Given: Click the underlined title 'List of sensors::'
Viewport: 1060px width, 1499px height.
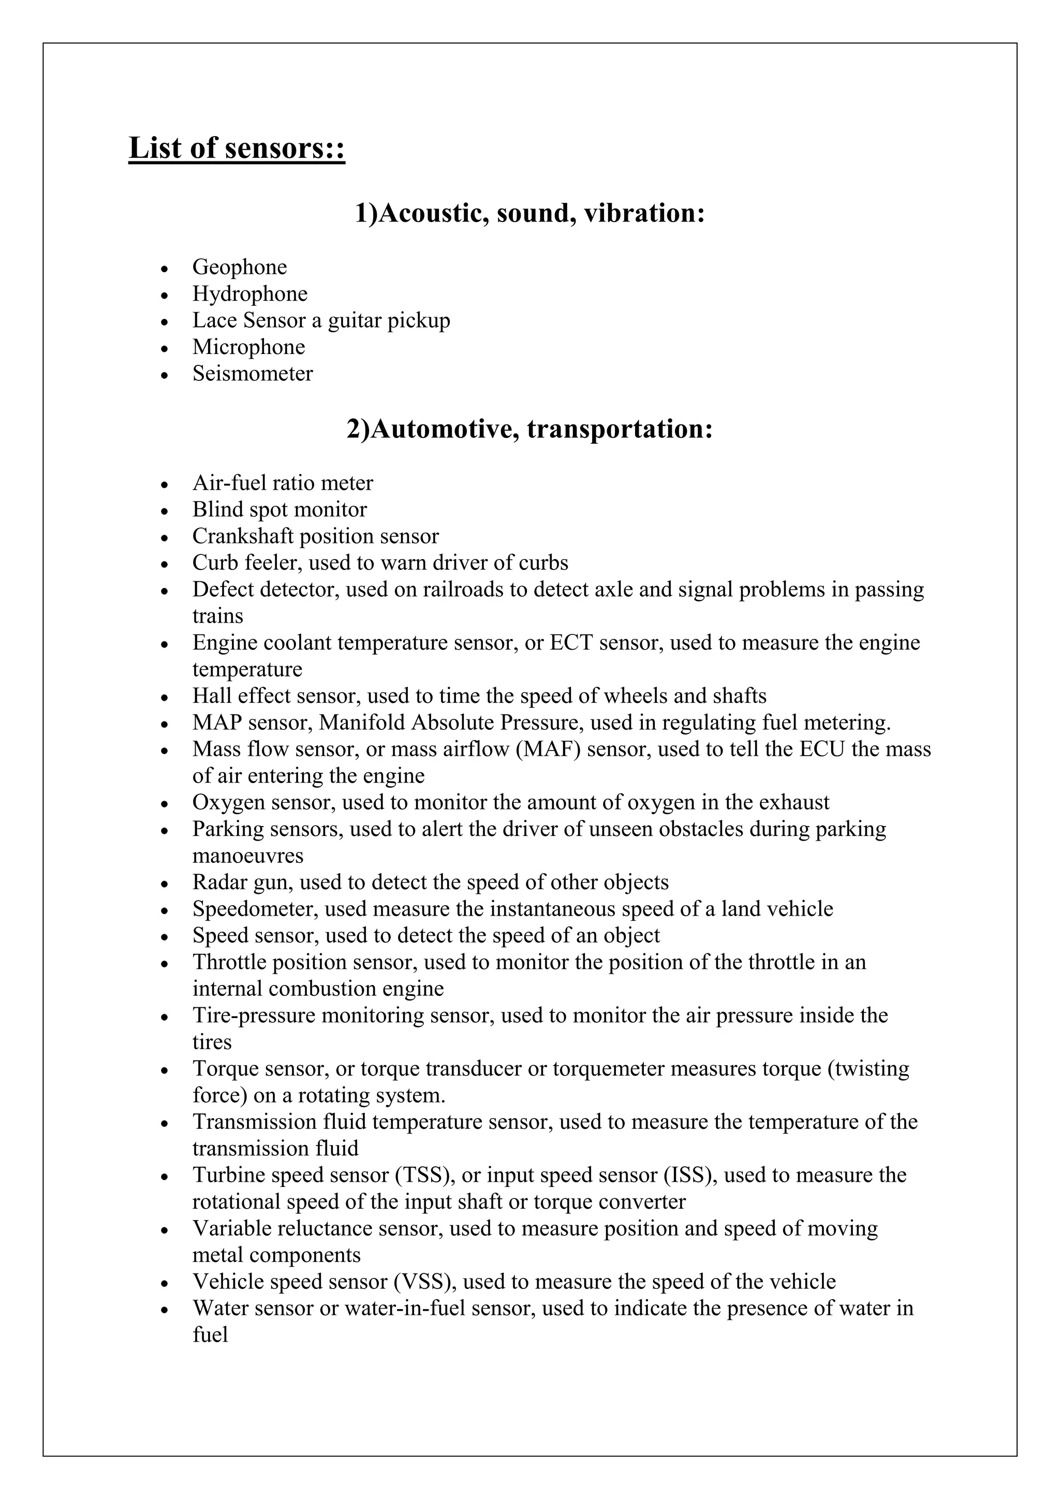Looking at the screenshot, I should (237, 148).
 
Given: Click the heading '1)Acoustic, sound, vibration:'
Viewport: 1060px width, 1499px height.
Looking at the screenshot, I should (529, 213).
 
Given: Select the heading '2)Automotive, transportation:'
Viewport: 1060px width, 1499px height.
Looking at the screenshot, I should (529, 429).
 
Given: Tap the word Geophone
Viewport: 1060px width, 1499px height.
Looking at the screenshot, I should (240, 267).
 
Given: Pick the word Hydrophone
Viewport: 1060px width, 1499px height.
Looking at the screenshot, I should (249, 294).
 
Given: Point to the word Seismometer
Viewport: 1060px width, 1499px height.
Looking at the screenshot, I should (253, 373).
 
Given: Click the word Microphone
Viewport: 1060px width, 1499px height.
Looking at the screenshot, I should (248, 347).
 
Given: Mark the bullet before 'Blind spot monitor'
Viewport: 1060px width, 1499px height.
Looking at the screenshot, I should (165, 510).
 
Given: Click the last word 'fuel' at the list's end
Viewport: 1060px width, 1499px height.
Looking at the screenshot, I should (210, 1334).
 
